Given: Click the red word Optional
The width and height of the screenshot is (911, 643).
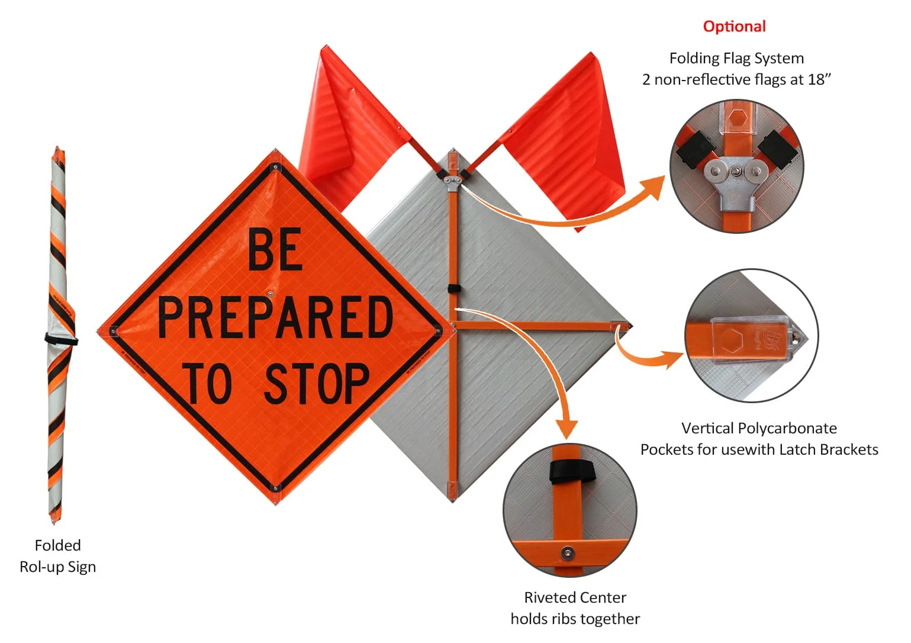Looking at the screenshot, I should coord(734,26).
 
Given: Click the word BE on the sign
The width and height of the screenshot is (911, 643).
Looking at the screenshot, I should coord(275,250).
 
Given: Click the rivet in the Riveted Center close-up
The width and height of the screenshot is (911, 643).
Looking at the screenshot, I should coord(568,553).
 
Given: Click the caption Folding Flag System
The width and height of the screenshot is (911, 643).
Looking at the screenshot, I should coord(736,58).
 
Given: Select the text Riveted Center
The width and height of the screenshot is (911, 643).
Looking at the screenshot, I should coord(575,597).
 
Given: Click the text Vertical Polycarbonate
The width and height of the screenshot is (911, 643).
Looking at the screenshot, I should coord(758,427).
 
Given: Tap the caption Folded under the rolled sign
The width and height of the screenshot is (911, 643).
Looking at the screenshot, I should coord(57,545).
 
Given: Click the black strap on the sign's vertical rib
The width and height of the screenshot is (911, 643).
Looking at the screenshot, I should coord(453,288).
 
